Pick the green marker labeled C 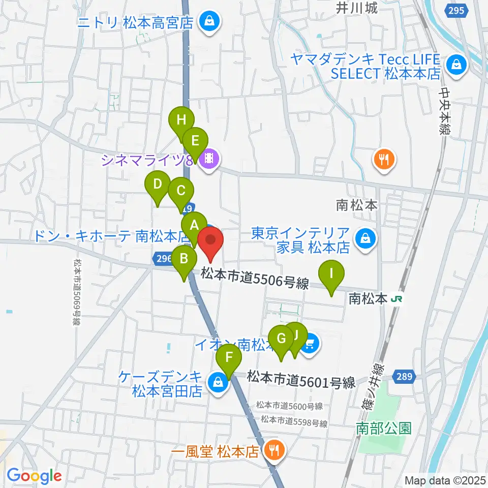pos(181,192)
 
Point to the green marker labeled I pos(331,274)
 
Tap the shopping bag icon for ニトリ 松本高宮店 pos(208,21)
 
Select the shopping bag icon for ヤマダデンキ pos(456,65)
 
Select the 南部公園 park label pos(383,428)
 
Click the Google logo pos(34,476)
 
